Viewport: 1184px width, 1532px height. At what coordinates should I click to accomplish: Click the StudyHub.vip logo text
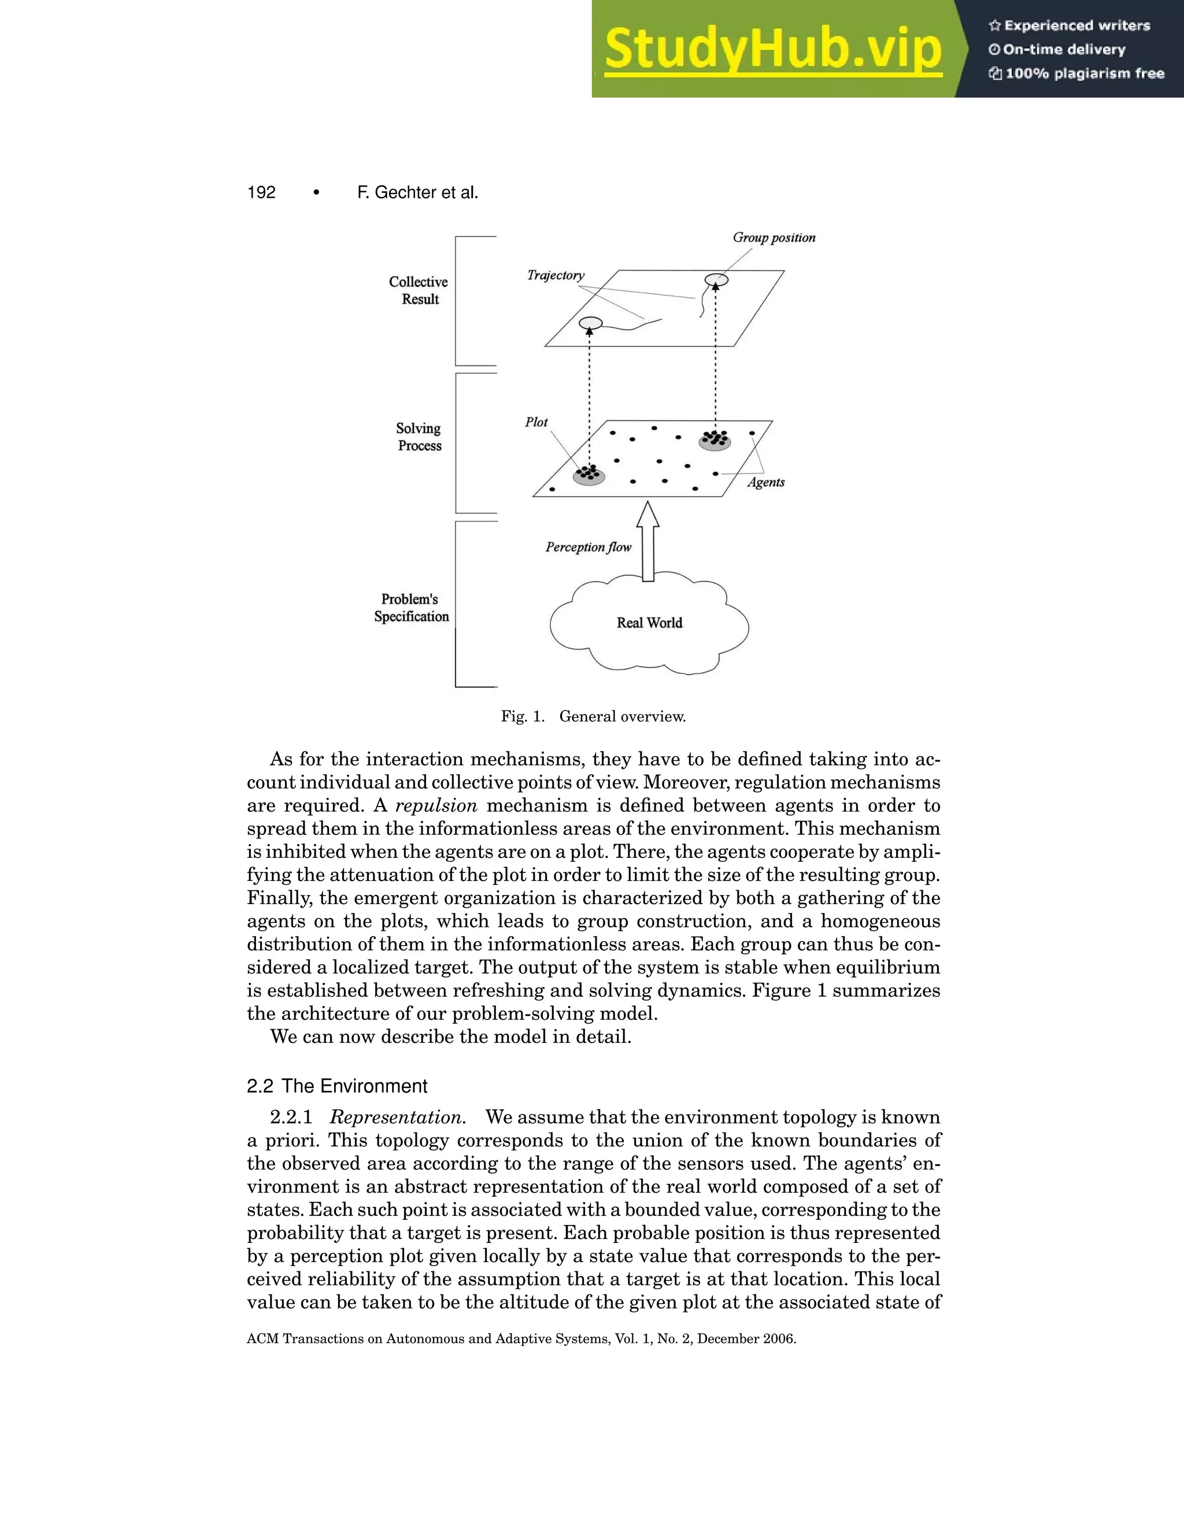click(x=772, y=49)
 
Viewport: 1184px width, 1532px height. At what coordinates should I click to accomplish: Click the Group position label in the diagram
click(x=774, y=238)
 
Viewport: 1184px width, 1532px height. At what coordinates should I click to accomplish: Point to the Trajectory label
click(x=556, y=276)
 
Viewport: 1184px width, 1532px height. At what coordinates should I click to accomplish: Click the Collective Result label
click(x=419, y=290)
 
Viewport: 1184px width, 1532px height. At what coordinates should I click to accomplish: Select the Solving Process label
click(x=419, y=437)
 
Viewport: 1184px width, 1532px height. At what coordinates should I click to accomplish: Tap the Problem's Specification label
click(x=411, y=608)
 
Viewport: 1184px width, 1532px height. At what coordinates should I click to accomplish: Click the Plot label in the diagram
click(x=536, y=422)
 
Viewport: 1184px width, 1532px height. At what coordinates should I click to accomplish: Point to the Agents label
click(x=765, y=483)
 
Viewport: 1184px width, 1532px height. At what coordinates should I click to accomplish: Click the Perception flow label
click(x=589, y=547)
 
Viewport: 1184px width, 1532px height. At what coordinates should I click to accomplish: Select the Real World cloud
click(x=649, y=623)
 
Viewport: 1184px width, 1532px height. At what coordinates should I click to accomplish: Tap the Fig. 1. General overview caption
click(x=593, y=716)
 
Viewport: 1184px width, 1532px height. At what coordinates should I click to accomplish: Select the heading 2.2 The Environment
click(x=336, y=1087)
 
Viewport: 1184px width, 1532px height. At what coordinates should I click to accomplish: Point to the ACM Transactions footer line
click(x=521, y=1339)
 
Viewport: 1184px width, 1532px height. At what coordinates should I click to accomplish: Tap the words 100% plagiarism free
click(x=1084, y=73)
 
